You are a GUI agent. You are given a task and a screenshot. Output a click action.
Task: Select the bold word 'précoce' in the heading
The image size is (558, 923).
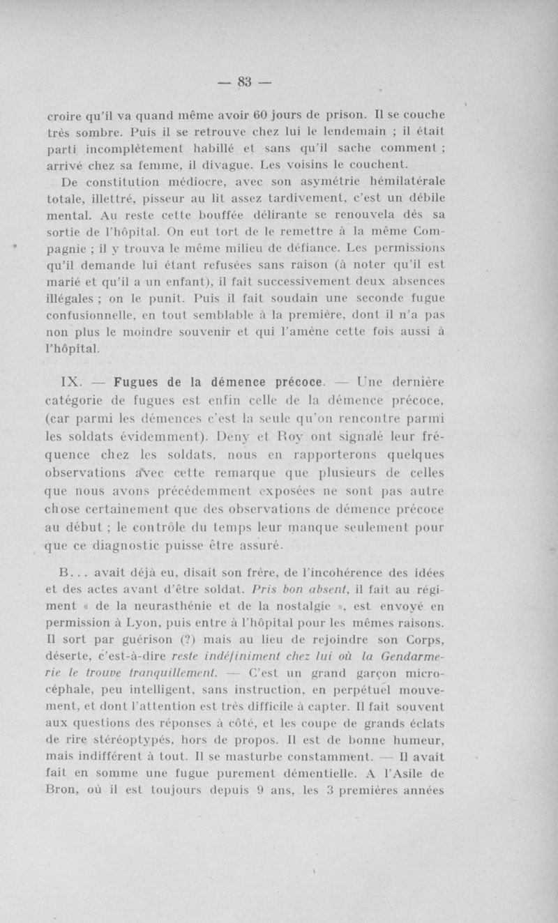(294, 381)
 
